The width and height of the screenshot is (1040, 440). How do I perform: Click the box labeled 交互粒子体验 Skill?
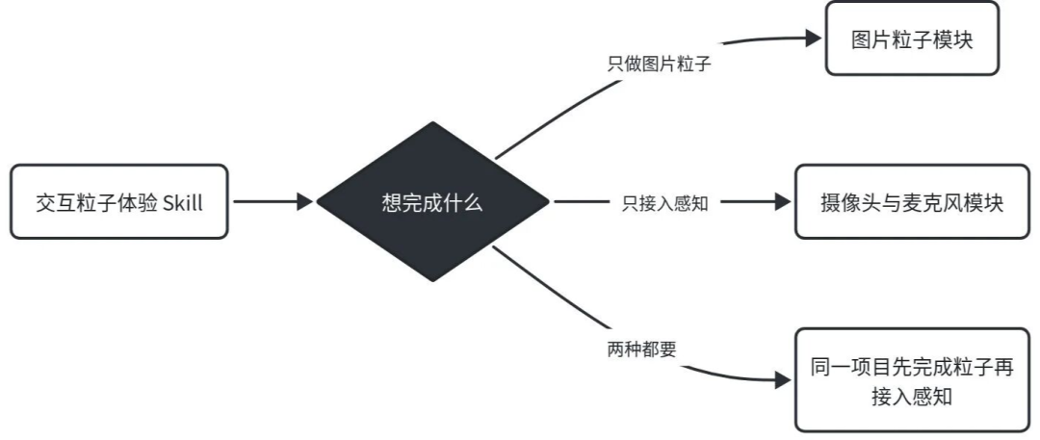click(x=119, y=202)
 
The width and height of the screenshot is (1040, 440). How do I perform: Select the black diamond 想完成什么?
click(x=432, y=201)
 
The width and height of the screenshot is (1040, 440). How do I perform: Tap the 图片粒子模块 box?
click(x=912, y=38)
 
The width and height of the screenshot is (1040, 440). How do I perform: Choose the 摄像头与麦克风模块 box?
click(x=912, y=202)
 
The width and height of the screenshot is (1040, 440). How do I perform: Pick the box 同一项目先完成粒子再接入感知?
click(x=912, y=379)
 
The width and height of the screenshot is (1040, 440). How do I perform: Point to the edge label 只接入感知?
click(x=665, y=203)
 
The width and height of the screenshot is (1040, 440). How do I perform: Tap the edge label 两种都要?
click(x=641, y=349)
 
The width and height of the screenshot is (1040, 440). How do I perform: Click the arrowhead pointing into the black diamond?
click(x=305, y=202)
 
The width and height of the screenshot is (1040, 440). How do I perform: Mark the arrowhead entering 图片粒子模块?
click(x=814, y=38)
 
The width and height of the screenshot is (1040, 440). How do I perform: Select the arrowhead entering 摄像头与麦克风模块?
click(x=783, y=202)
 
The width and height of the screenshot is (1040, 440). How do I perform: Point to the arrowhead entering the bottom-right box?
click(x=783, y=380)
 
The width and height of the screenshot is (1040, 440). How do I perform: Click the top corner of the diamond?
click(x=432, y=121)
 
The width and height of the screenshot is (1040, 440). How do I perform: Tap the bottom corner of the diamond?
click(x=432, y=281)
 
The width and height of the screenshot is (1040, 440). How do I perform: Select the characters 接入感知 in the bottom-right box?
click(x=912, y=397)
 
